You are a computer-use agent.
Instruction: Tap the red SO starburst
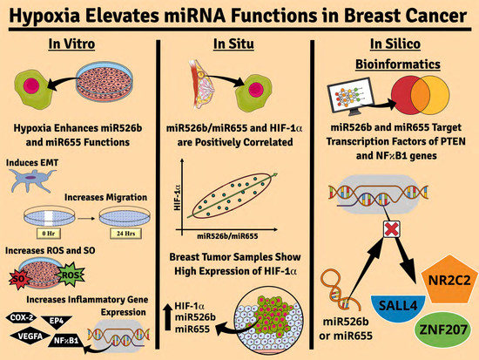23,276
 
